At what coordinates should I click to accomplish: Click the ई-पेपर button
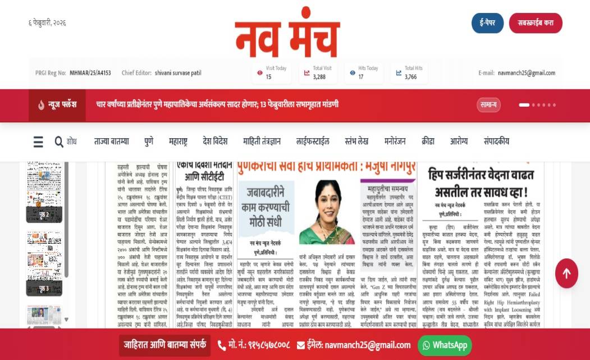click(487, 23)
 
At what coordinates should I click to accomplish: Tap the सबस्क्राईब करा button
click(535, 23)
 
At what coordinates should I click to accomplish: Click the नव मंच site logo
click(287, 34)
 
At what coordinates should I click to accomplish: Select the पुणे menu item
click(148, 142)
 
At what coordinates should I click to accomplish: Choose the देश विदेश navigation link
click(215, 142)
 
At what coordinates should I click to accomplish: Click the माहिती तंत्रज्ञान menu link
click(262, 142)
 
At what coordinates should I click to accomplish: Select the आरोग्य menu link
click(459, 142)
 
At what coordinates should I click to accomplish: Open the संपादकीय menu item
click(496, 142)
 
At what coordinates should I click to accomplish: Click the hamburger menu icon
click(38, 142)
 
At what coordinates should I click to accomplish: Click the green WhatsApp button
click(445, 345)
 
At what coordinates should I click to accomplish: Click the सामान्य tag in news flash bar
click(488, 105)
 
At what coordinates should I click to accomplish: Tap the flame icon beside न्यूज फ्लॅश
click(42, 105)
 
